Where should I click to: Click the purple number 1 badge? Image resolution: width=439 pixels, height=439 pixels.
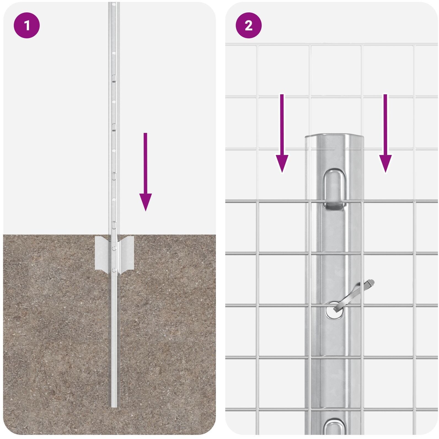pyautogui.click(x=27, y=26)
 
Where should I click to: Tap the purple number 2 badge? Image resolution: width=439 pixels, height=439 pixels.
pyautogui.click(x=248, y=26)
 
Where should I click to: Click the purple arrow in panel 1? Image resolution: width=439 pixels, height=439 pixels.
pyautogui.click(x=145, y=172)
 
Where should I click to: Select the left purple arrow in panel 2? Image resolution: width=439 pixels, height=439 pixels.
pyautogui.click(x=282, y=133)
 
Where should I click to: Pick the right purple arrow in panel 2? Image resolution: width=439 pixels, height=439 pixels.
pyautogui.click(x=385, y=133)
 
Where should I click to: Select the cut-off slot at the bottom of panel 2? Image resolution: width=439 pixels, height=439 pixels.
pyautogui.click(x=334, y=428)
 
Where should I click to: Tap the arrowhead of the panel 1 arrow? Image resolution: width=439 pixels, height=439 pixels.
pyautogui.click(x=145, y=202)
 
